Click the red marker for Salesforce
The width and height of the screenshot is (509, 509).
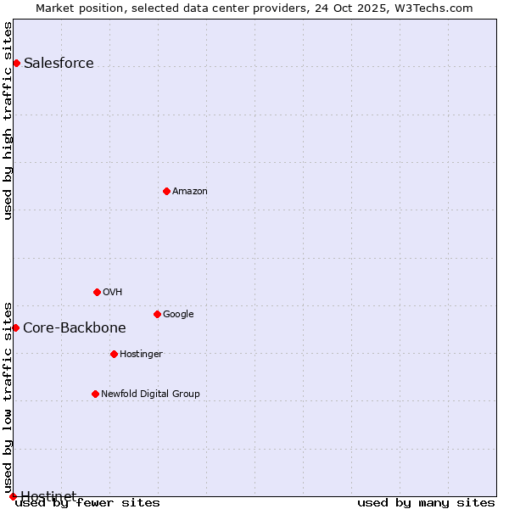click(16, 63)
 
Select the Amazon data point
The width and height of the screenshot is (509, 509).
click(166, 191)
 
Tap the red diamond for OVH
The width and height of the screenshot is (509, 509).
click(97, 292)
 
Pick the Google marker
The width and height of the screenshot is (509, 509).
click(157, 314)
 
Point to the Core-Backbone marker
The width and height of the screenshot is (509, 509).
click(15, 327)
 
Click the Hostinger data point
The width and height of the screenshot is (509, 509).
click(114, 354)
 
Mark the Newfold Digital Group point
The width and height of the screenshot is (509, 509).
click(95, 394)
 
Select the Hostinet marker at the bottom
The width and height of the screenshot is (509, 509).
click(13, 496)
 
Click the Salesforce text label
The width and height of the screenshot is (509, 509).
click(59, 64)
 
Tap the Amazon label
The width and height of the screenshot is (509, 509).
click(190, 192)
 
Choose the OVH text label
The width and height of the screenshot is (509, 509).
click(113, 293)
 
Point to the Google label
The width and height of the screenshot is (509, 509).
click(178, 315)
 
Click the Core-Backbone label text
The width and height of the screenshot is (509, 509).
click(75, 328)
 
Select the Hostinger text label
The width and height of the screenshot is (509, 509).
click(141, 355)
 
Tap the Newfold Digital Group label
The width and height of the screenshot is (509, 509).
click(150, 394)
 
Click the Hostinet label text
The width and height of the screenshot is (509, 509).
click(48, 495)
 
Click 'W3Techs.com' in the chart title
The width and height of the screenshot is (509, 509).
click(437, 8)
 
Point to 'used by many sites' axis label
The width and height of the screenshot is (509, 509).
click(426, 503)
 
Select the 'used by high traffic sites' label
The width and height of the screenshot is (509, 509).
click(8, 120)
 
